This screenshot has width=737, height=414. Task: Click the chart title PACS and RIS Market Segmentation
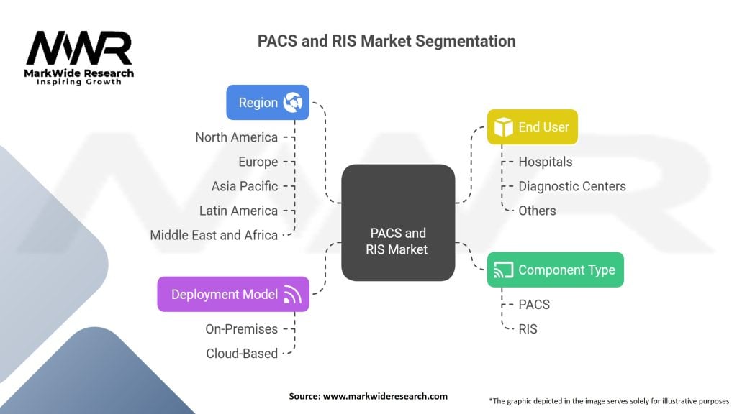point(386,41)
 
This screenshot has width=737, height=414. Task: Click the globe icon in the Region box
point(293,102)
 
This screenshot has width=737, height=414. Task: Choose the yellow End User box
point(532,127)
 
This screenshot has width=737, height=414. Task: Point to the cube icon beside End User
point(502,127)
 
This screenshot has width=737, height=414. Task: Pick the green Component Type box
point(556,270)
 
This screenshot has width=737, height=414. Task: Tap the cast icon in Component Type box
point(503,270)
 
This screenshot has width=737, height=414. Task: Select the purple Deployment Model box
point(233,294)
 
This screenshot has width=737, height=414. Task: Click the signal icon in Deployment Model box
point(291,294)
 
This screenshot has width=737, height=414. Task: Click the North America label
point(236,137)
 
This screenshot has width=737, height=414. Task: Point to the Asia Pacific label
point(245,186)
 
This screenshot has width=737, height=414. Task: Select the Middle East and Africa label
point(214,235)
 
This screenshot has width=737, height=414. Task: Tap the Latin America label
point(238,211)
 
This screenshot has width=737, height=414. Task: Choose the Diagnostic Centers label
point(572,186)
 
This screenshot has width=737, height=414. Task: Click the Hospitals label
point(546,162)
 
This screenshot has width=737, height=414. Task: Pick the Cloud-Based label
point(242,353)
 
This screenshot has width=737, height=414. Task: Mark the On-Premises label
point(241,328)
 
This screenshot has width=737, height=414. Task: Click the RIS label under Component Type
point(528,328)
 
